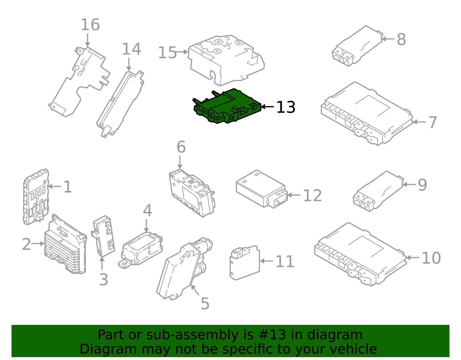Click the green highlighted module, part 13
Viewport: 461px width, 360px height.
(x=228, y=107)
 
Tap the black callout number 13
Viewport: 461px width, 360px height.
(x=286, y=108)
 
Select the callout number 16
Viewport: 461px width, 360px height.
(x=90, y=25)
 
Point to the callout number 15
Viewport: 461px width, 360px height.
(x=167, y=53)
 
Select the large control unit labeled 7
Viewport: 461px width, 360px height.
(x=366, y=114)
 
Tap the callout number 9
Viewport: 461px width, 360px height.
(x=422, y=185)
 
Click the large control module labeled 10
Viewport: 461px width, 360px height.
(x=360, y=254)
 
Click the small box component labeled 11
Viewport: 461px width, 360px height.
(x=245, y=262)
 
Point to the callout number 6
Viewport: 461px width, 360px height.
(x=181, y=147)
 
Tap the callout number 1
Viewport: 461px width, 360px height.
(x=67, y=187)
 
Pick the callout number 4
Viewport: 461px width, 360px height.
(x=147, y=211)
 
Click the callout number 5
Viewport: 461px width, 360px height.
(x=205, y=304)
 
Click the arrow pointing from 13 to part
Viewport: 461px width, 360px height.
(x=267, y=107)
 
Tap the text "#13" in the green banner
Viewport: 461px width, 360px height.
(x=272, y=335)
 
